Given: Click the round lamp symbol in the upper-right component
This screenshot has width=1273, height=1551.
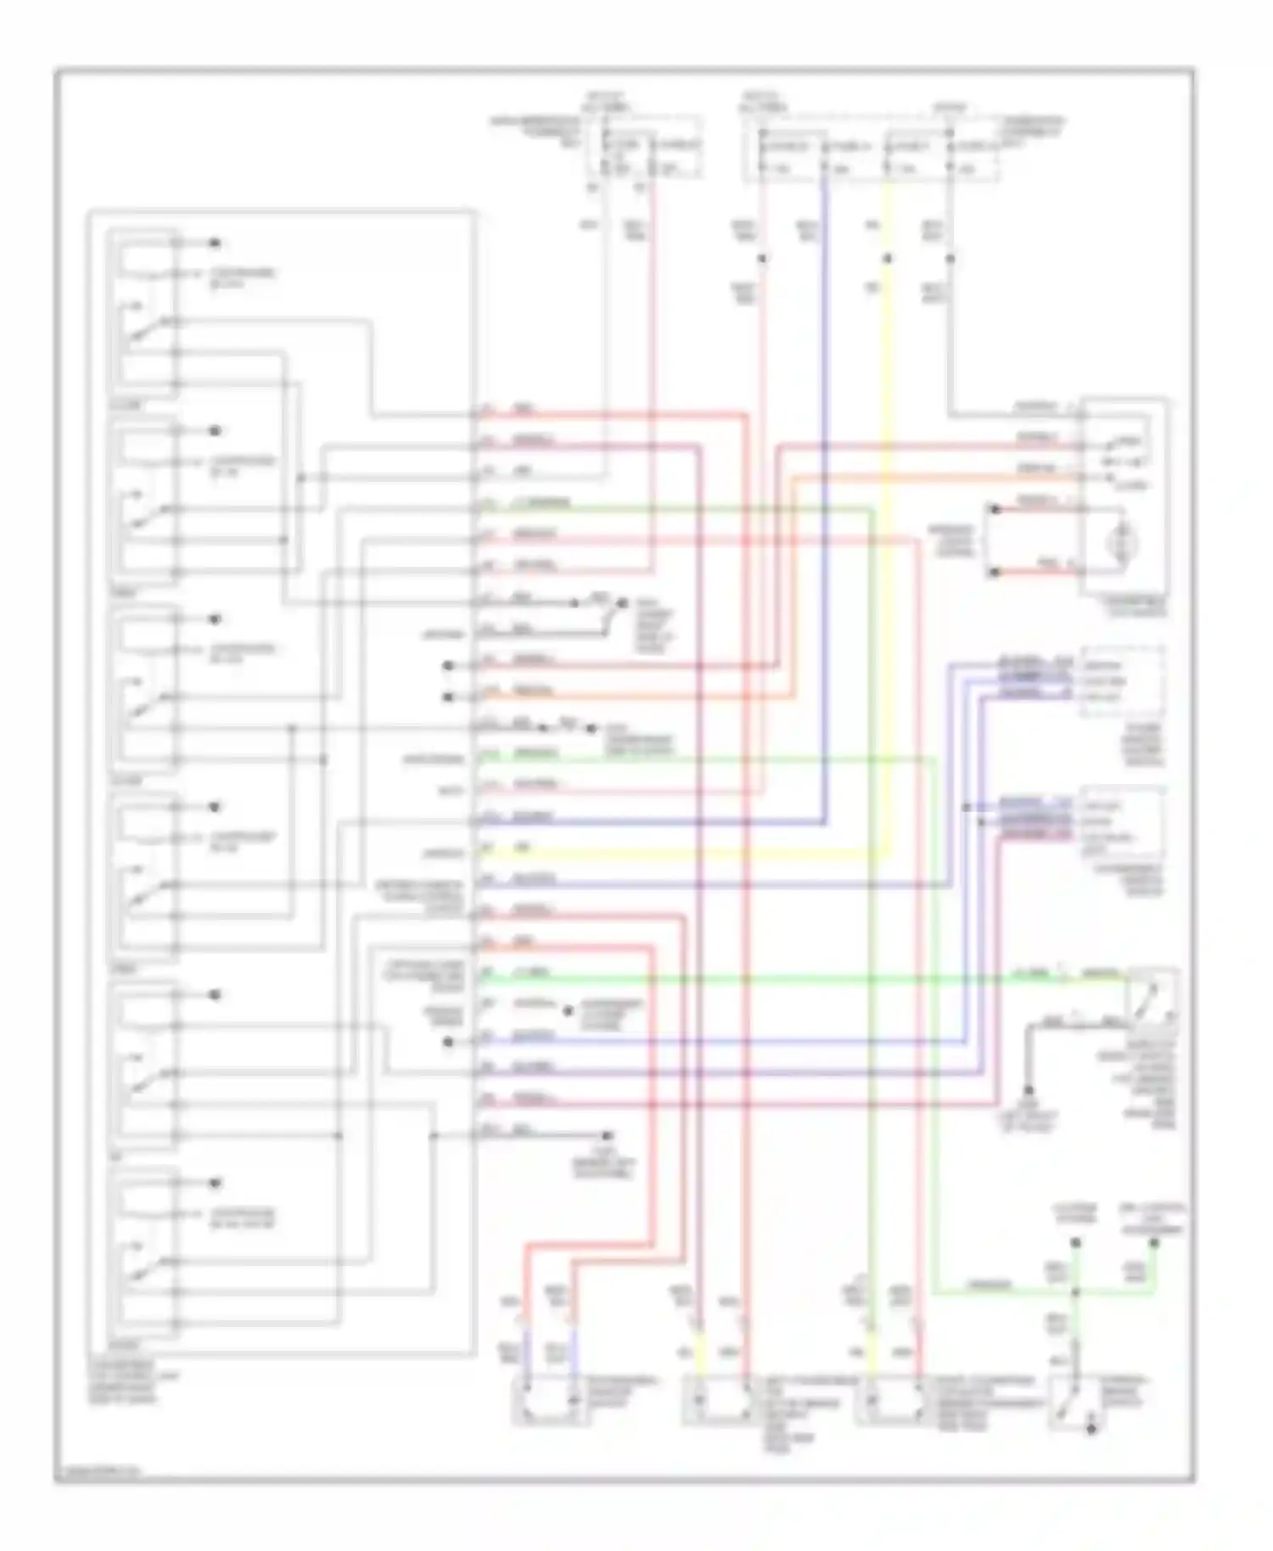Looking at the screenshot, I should coord(1124,540).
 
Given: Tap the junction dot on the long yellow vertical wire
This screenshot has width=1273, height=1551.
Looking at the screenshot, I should coord(887,258).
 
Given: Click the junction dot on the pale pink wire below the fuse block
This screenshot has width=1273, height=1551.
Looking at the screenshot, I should coord(762,258).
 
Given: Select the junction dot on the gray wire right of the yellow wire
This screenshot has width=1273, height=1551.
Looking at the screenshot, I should coord(950,258).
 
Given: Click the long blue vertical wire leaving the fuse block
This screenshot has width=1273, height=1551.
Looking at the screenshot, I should coord(824,509).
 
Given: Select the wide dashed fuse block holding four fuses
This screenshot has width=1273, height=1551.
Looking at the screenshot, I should coord(870,150).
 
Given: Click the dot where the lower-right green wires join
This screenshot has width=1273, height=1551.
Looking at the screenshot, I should coord(1075,1292).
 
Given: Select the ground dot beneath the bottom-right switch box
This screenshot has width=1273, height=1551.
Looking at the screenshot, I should coord(1091,1430).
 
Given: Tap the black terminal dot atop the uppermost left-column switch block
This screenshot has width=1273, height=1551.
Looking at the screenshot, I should coord(216,244).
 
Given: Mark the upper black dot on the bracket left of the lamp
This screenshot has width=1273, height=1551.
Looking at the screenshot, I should coord(996,509).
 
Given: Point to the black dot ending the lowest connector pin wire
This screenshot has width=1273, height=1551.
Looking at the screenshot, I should coord(607,1134).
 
